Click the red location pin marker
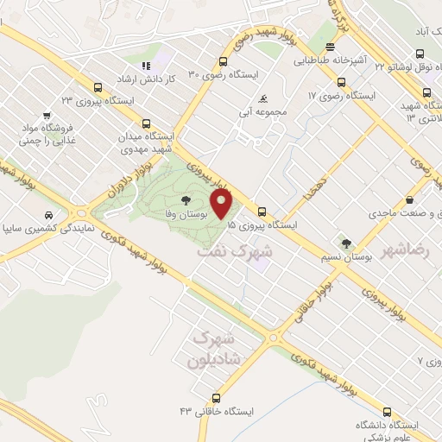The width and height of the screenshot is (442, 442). tap(223, 205)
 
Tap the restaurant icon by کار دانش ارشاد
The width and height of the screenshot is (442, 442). tap(146, 65)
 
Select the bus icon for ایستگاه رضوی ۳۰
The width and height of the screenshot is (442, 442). tap(224, 61)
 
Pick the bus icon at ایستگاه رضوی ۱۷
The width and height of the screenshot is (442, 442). tap(341, 83)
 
